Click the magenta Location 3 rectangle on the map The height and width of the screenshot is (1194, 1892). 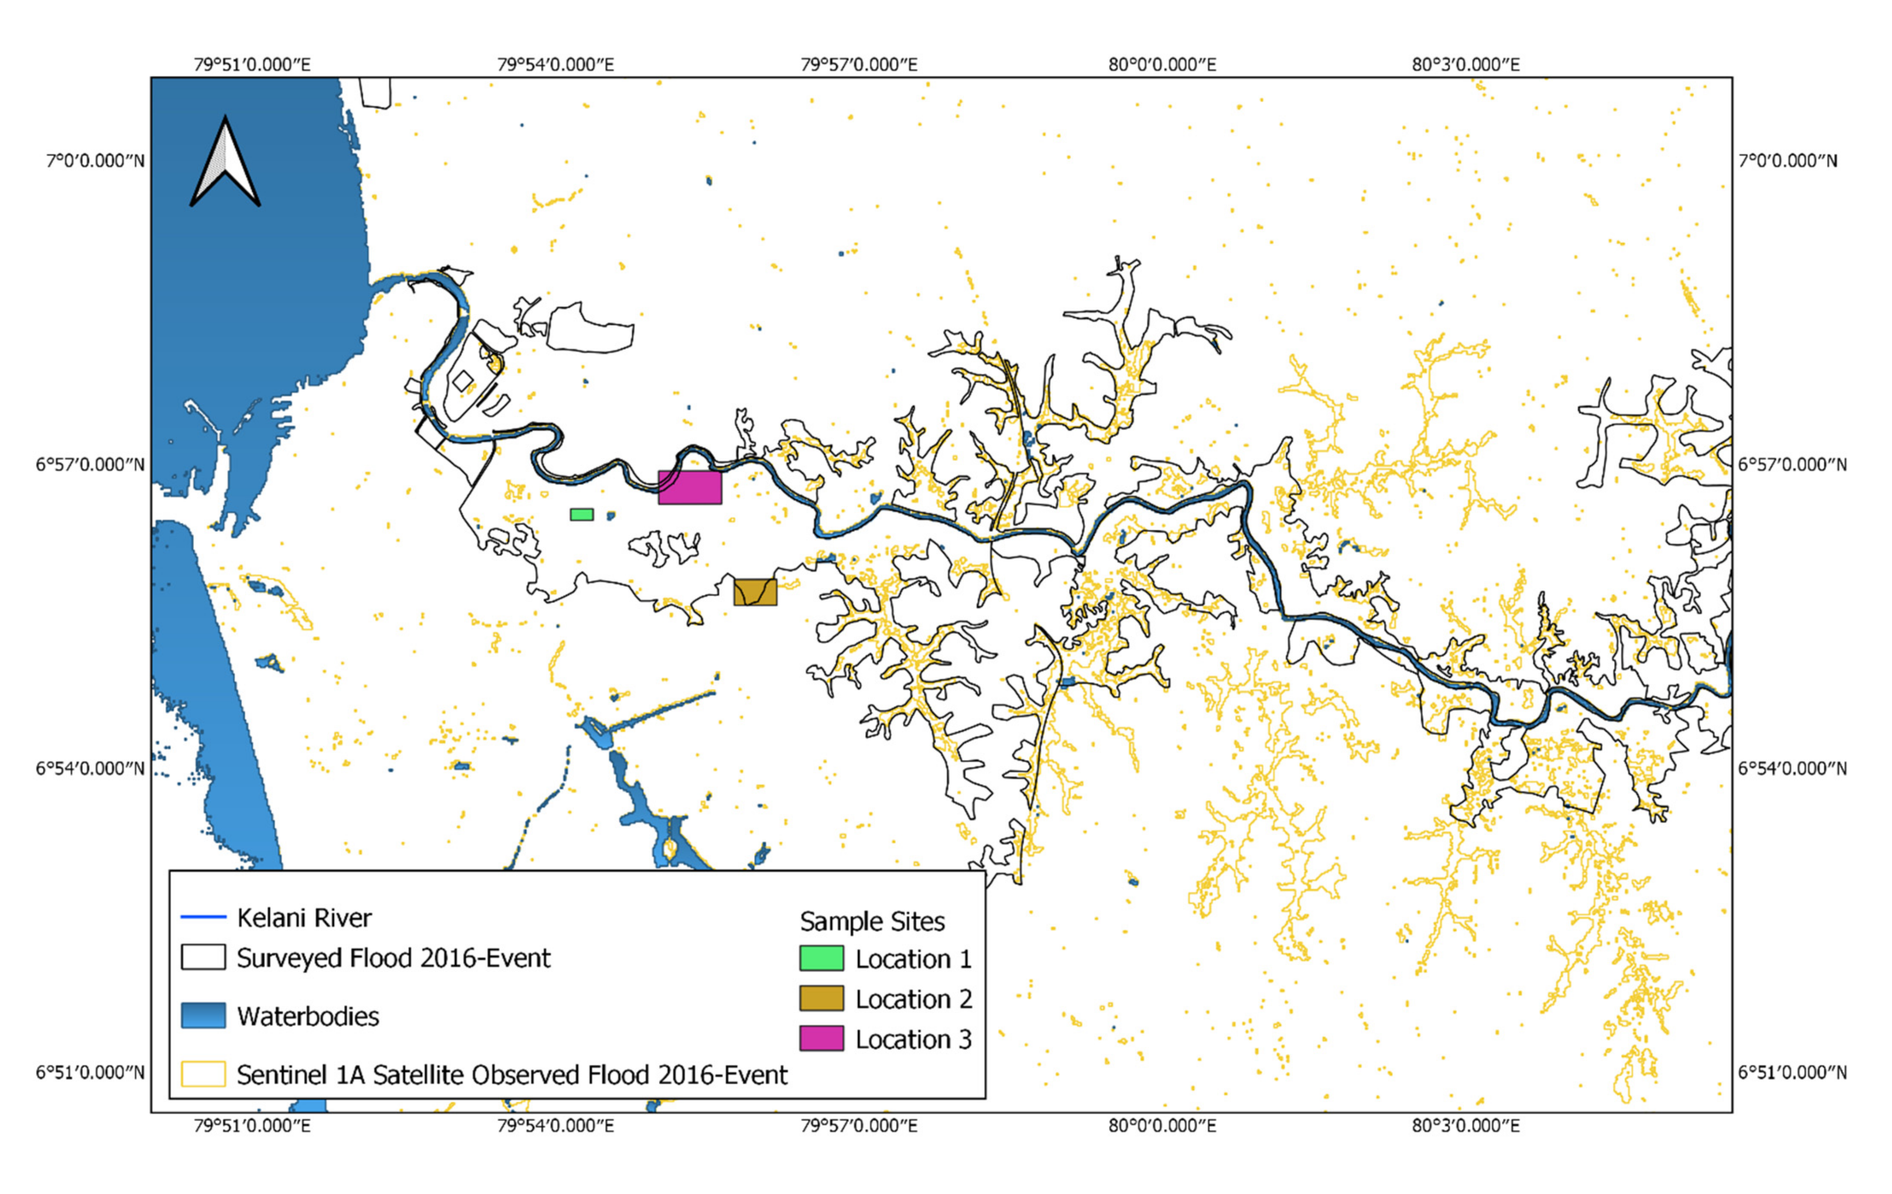[689, 487]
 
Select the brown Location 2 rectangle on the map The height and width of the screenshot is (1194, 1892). [755, 592]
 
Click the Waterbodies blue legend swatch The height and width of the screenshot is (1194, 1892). [204, 1015]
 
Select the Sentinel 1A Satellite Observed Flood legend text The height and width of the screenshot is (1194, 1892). [511, 1075]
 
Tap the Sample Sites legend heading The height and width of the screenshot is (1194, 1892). [872, 921]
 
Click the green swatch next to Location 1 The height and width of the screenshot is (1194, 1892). [821, 958]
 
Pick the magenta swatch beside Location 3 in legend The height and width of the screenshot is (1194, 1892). [821, 1038]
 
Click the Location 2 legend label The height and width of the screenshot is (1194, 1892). [913, 999]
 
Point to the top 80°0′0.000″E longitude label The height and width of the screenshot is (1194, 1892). [1162, 65]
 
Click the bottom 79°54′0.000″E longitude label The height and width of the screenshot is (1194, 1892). [555, 1126]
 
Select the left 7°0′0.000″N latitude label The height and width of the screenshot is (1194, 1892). [95, 161]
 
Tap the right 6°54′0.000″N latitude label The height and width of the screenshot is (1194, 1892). [1792, 768]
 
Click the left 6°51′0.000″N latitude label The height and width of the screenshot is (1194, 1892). [90, 1072]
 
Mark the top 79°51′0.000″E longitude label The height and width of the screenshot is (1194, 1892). [252, 65]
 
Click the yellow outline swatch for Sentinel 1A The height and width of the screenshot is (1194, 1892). [204, 1074]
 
